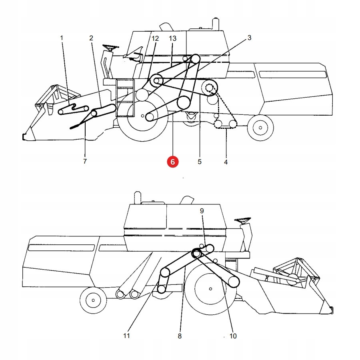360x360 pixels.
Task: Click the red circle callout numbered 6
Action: point(173,162)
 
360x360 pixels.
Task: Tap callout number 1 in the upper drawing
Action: point(62,38)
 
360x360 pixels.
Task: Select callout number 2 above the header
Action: point(91,38)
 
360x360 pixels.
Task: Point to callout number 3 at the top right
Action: point(249,38)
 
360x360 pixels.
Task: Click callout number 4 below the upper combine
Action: point(226,162)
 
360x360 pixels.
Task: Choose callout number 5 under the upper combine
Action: point(199,162)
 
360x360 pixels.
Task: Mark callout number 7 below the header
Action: point(85,162)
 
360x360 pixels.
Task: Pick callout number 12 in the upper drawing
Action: point(155,38)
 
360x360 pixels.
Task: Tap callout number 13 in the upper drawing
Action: point(172,38)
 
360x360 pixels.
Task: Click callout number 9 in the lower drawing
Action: point(202,210)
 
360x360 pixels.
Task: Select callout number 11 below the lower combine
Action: point(127,336)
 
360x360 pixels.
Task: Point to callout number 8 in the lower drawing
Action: point(180,336)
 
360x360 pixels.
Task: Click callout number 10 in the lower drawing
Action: point(233,336)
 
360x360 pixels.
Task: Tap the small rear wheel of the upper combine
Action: point(260,128)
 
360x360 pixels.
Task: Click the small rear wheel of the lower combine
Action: point(93,300)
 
